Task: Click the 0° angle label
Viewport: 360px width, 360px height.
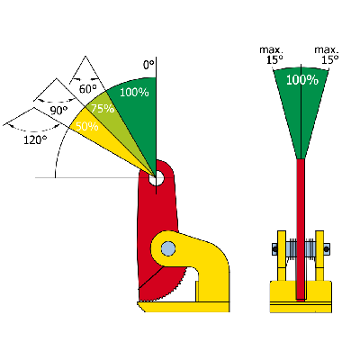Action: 148,65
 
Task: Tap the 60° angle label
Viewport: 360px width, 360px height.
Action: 88,89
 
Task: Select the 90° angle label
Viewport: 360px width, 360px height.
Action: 58,111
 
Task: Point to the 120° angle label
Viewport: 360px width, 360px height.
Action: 35,139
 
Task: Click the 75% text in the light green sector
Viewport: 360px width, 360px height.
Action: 103,109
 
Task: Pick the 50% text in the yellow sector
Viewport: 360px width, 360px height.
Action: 87,127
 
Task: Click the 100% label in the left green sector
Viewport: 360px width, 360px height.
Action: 134,92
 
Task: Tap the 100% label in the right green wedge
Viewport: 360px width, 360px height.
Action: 302,80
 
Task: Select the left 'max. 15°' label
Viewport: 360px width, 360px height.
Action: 272,55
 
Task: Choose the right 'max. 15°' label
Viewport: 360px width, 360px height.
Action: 327,55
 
